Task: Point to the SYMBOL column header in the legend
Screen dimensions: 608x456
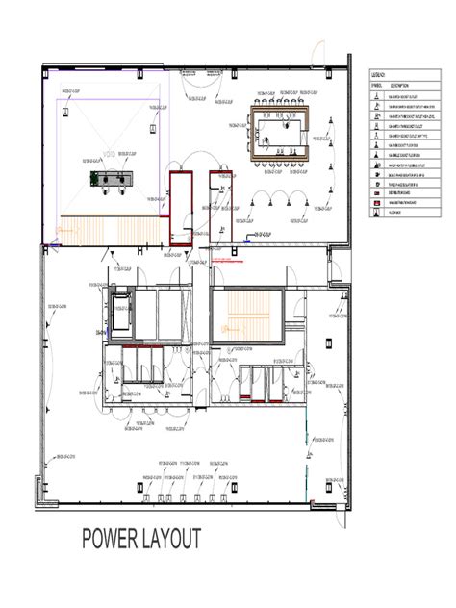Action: pyautogui.click(x=377, y=85)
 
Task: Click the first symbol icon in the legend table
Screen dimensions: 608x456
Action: pyautogui.click(x=377, y=97)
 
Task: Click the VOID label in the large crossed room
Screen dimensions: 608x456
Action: pyautogui.click(x=108, y=154)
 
